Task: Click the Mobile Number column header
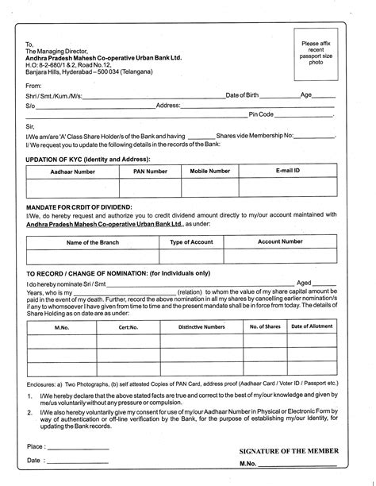pos(210,171)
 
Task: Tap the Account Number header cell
pos(280,241)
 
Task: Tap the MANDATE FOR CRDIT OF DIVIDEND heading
pos(79,206)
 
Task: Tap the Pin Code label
pos(262,114)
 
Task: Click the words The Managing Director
pos(59,50)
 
